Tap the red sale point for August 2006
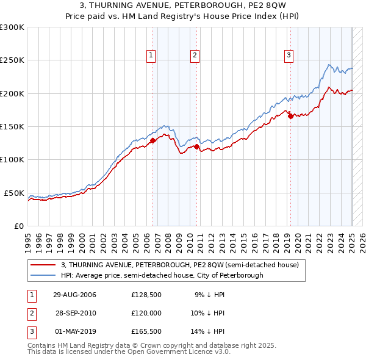tap(153, 141)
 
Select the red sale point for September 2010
tap(197, 146)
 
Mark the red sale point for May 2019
tap(290, 117)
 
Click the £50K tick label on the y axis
tap(14, 193)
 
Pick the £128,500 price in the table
tap(146, 295)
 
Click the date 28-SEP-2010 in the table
tap(76, 313)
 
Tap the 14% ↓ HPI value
tap(207, 331)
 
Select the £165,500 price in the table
tap(146, 331)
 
